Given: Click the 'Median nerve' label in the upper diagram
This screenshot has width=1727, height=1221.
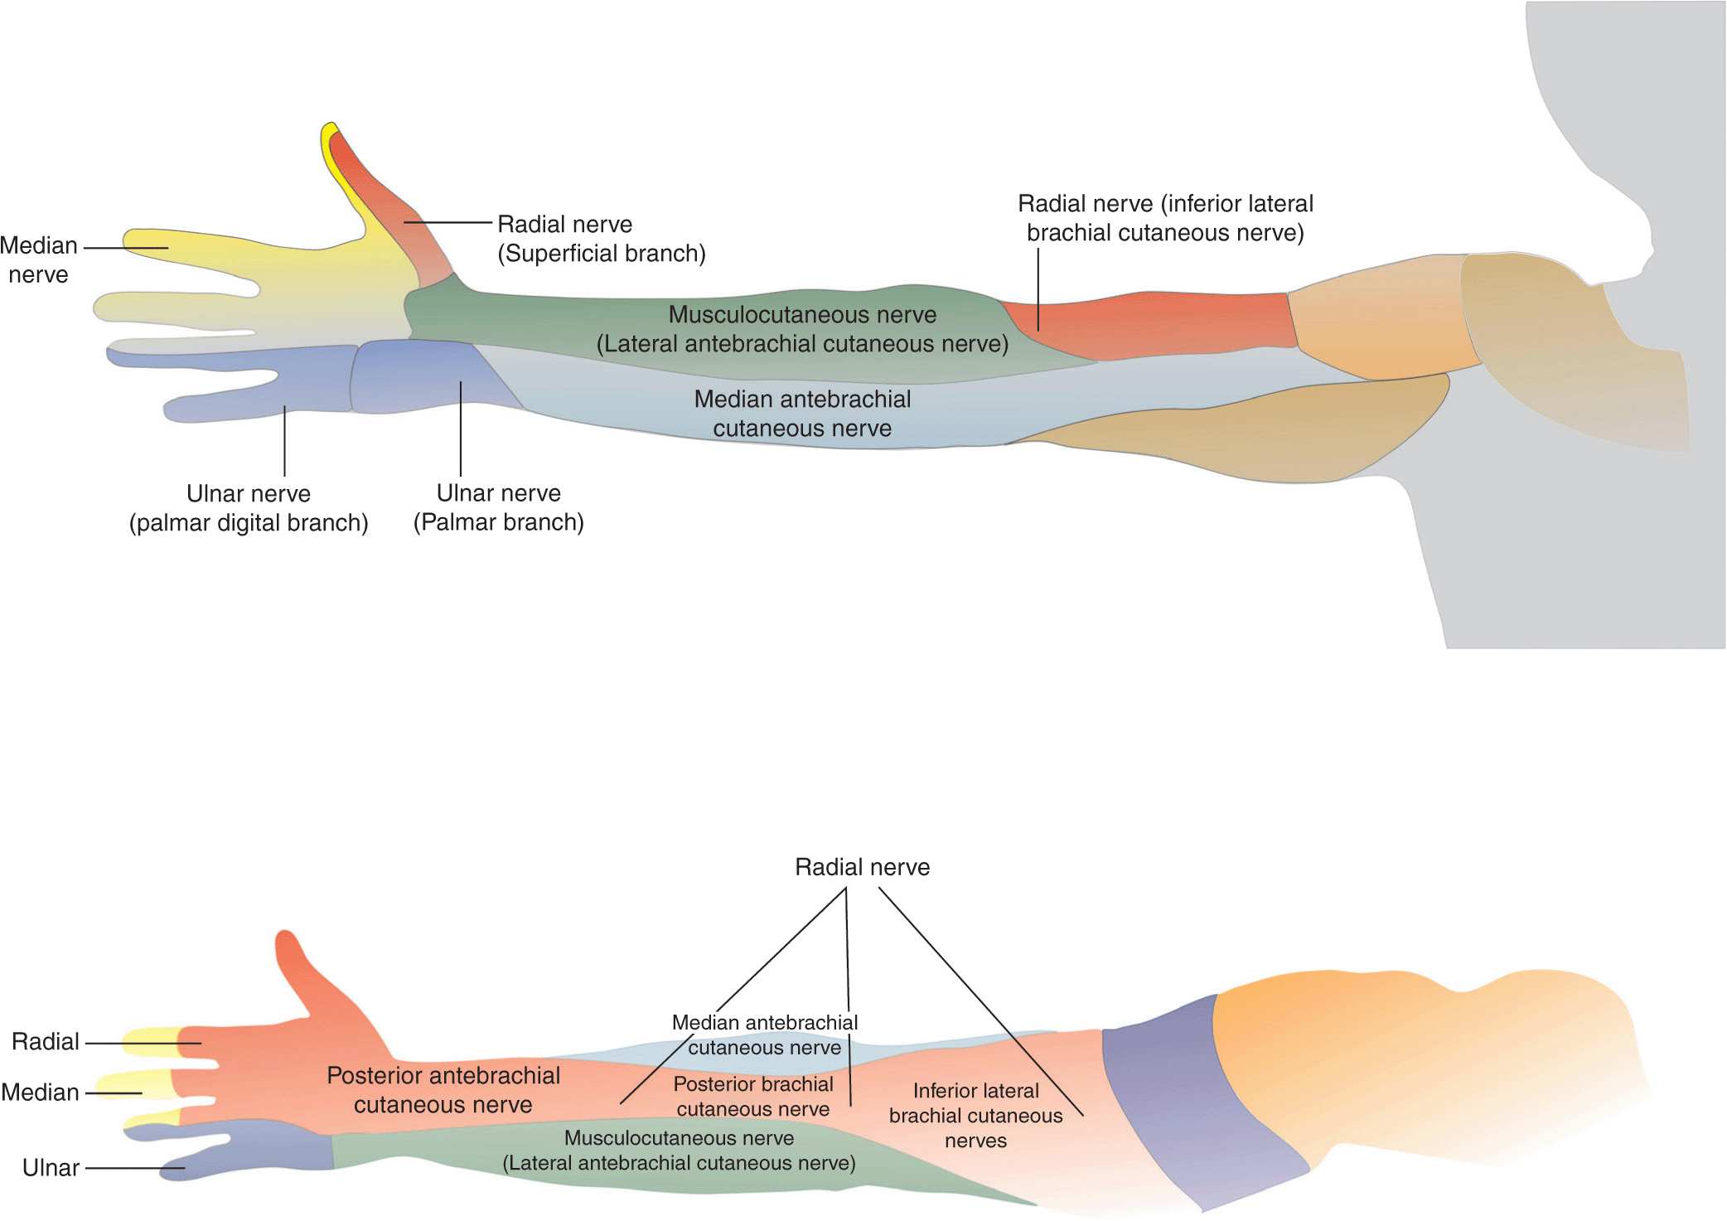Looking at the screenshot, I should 39,259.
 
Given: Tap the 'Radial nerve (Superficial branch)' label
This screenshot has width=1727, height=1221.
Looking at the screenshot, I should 601,239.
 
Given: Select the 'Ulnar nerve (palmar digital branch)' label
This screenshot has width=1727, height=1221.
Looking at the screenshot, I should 249,508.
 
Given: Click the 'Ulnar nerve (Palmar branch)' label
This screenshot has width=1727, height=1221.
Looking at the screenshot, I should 498,507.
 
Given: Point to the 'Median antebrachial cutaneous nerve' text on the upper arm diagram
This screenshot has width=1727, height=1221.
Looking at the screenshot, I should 802,414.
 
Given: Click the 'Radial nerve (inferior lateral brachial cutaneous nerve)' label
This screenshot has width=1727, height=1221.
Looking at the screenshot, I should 1165,218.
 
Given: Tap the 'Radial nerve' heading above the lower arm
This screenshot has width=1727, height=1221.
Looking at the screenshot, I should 862,867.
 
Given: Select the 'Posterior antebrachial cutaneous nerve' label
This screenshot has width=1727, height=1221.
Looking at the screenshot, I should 443,1090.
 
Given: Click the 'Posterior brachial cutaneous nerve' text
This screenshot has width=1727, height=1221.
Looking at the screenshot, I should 752,1096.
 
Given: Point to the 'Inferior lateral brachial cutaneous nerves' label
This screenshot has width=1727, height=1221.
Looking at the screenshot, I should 975,1115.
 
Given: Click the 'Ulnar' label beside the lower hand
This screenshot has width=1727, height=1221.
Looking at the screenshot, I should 51,1168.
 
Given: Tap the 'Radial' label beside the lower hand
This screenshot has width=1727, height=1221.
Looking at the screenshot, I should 46,1042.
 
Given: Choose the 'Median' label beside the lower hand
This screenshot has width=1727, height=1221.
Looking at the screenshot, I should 41,1093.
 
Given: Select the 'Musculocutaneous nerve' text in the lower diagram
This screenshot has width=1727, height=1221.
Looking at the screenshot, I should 679,1138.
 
